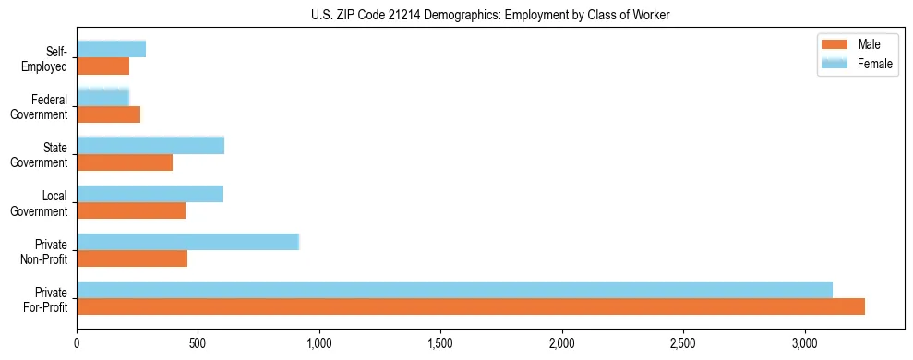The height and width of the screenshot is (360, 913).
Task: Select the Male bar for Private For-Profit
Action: [471, 306]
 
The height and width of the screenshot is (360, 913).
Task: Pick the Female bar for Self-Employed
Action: [111, 49]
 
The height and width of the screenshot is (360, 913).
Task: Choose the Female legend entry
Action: [859, 62]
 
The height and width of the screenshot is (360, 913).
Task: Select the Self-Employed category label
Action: [50, 58]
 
